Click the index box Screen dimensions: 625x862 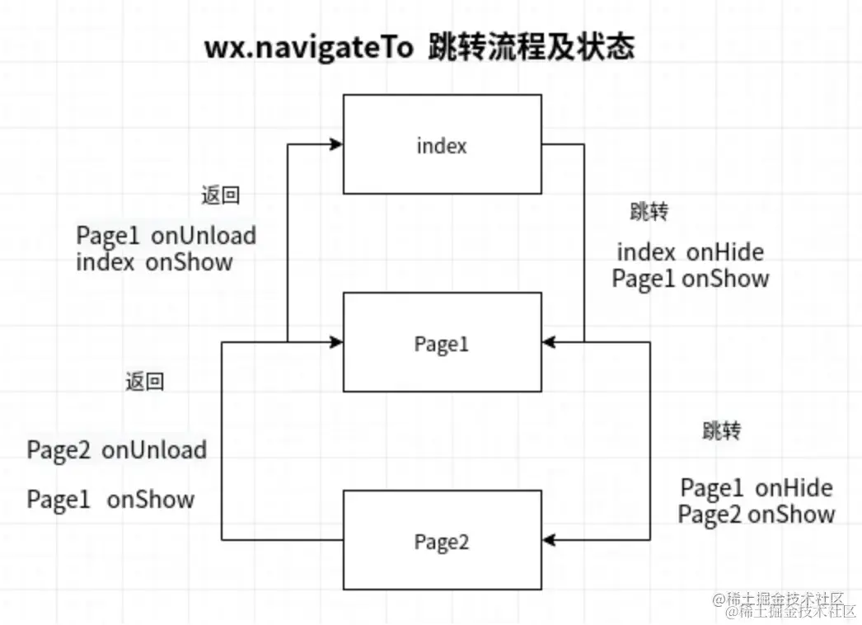coord(443,144)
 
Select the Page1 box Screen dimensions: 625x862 coord(443,342)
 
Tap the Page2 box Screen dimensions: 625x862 coord(443,540)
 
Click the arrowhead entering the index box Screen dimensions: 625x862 coord(336,144)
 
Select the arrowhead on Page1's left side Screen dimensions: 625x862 coord(336,341)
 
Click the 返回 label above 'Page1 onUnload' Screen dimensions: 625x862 coord(220,195)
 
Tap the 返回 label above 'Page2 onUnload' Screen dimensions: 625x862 coord(144,382)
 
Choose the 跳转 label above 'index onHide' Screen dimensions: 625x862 coord(649,212)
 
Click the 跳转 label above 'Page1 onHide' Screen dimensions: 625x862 coord(721,430)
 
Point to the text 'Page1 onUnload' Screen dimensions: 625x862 coord(166,236)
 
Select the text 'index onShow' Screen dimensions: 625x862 coord(154,262)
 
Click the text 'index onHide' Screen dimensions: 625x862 coord(691,252)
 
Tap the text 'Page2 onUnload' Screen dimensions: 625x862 coord(117,450)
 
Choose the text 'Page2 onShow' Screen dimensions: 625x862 coord(757,515)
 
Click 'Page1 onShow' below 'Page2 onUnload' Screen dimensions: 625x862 coord(111,500)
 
